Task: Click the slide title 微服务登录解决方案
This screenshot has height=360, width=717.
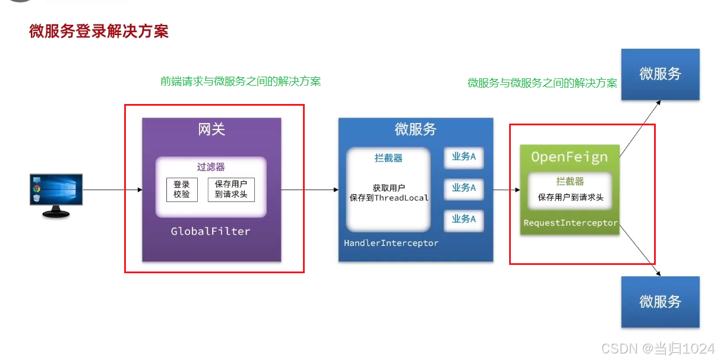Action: pos(99,31)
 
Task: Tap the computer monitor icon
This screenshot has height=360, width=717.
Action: pos(56,194)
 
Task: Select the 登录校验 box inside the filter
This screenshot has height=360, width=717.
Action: pos(182,190)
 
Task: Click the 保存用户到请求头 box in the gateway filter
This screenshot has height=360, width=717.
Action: pos(231,190)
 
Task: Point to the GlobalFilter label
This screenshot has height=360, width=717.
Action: pos(210,231)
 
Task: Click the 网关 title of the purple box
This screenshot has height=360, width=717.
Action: pos(211,129)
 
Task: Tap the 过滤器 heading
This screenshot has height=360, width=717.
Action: pos(211,167)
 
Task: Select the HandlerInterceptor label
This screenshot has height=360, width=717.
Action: pos(391,243)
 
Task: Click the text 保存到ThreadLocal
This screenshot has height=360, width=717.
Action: pos(389,198)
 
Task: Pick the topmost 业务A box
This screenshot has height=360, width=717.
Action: pos(463,157)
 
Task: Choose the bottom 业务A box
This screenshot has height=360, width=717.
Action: pos(463,219)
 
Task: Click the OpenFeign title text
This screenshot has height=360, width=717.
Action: pos(569,157)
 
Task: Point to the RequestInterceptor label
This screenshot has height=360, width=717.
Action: pos(570,223)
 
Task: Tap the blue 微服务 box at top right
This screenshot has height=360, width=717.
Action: pos(660,74)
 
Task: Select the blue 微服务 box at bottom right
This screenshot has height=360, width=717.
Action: pos(660,302)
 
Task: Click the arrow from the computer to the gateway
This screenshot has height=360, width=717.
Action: pos(113,190)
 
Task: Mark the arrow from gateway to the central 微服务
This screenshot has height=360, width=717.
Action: pos(309,190)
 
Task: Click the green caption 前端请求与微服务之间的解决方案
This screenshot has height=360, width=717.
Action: pos(241,81)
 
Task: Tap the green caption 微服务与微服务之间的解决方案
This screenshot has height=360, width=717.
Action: pos(542,83)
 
